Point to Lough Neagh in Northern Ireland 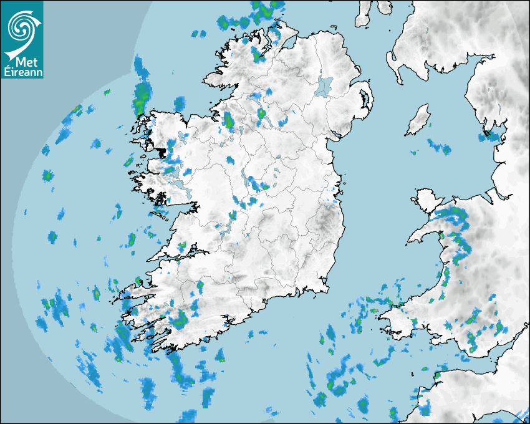[x=325, y=85]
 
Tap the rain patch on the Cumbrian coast [x=493, y=133]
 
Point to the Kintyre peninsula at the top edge [x=365, y=14]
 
